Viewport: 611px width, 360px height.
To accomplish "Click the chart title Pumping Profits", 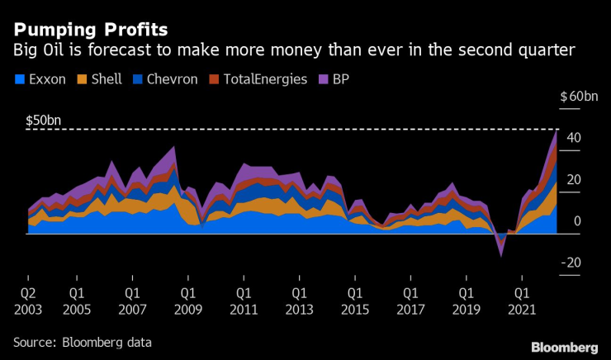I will click(90, 29).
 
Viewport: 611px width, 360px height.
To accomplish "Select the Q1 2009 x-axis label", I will click(187, 299).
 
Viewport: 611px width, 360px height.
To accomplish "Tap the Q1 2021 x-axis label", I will click(520, 299).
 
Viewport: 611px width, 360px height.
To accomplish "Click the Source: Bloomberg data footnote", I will click(82, 341).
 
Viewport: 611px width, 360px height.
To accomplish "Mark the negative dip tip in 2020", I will click(500, 256).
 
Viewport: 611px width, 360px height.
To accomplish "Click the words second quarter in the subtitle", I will click(509, 52).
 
